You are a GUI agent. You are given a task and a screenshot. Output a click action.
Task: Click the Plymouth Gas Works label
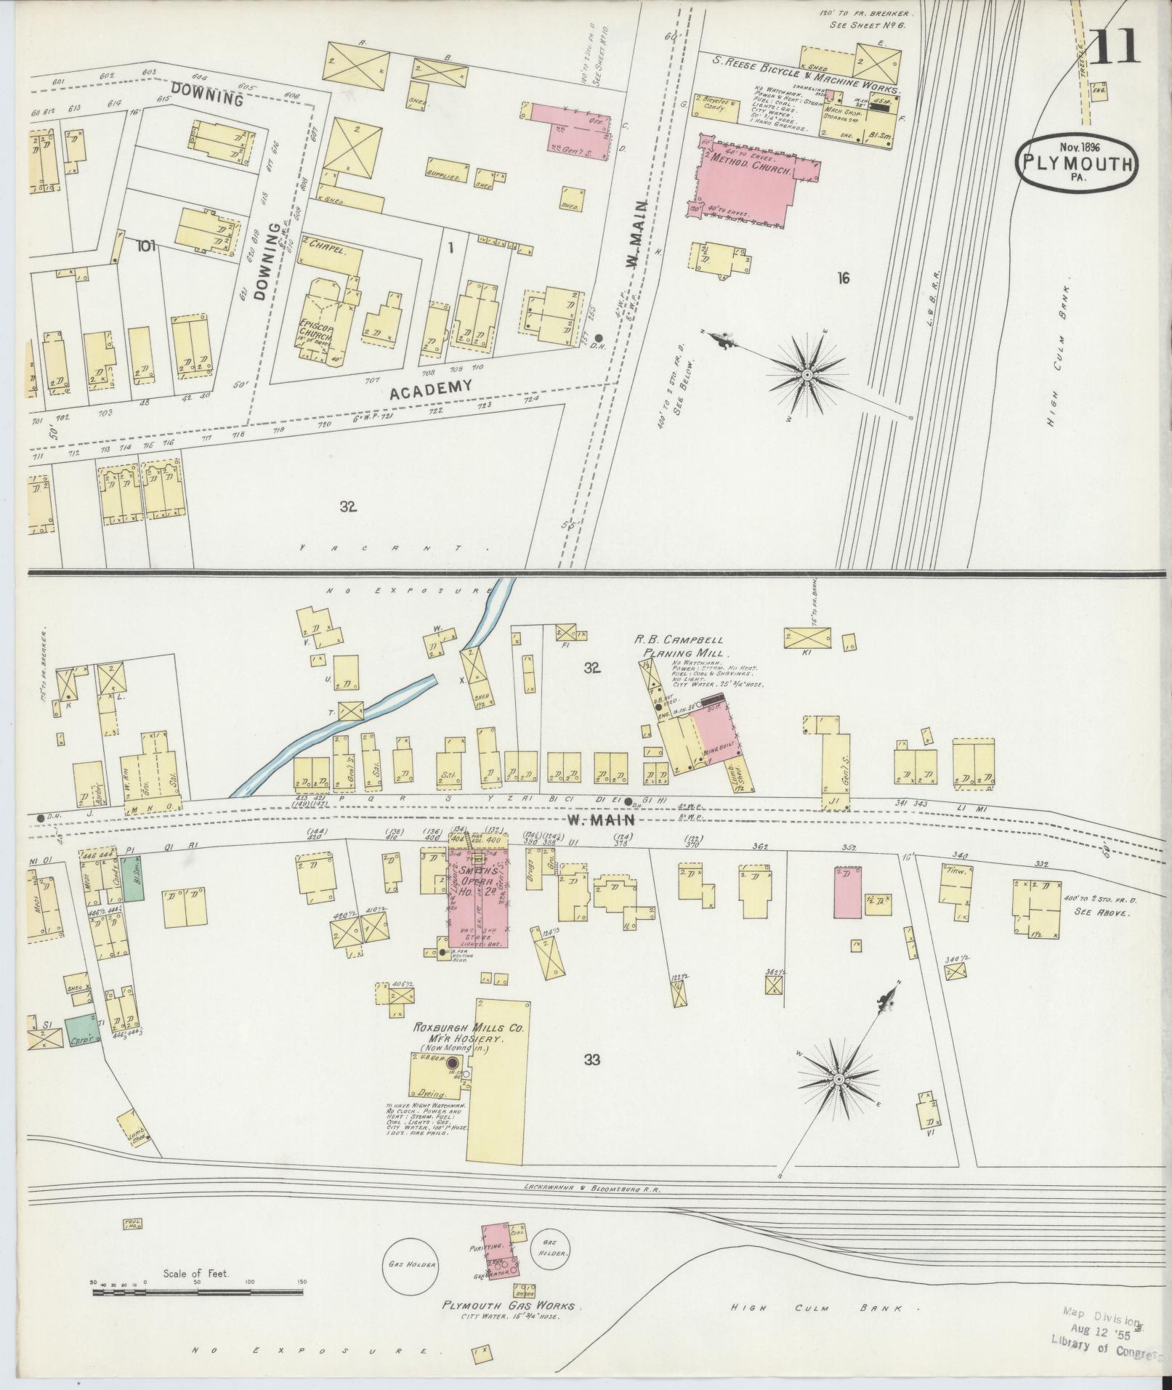[508, 1306]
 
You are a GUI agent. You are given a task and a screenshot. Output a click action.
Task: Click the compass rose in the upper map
[807, 374]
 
